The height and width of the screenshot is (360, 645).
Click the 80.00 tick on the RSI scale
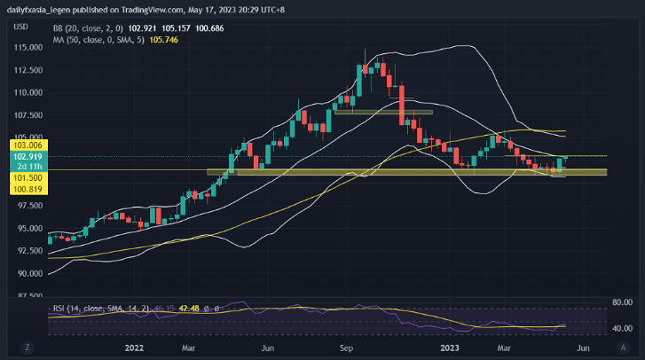pos(621,302)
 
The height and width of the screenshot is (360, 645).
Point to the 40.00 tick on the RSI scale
pos(621,328)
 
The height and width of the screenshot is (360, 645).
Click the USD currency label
pos(20,26)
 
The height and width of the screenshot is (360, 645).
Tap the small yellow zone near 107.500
pos(382,112)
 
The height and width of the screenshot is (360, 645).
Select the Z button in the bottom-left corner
pos(28,347)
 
